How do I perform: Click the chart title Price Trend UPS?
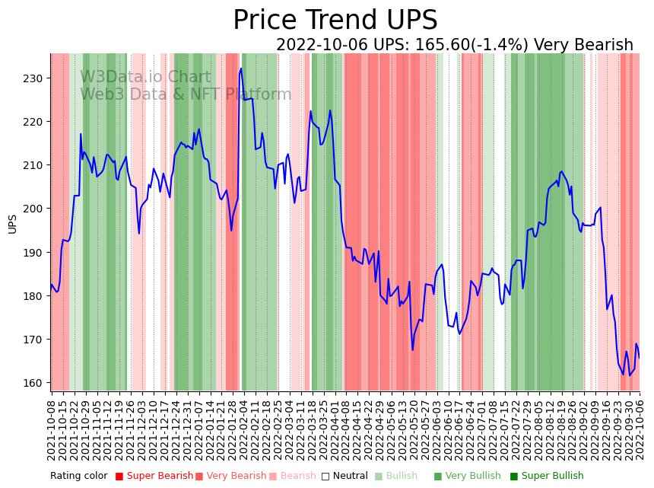coord(335,21)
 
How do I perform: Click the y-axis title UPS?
coord(12,224)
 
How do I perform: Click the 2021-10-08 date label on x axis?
coord(52,429)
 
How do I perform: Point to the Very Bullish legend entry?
coord(467,477)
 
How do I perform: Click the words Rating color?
coord(79,477)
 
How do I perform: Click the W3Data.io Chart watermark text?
coord(145,77)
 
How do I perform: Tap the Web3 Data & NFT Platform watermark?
coord(186,94)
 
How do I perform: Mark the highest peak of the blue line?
coord(241,69)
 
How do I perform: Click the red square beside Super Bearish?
coord(119,477)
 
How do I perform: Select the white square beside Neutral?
coord(325,477)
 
